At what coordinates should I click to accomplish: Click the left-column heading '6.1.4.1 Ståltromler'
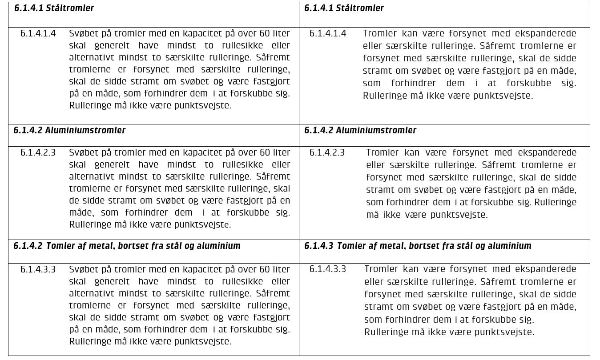(54, 8)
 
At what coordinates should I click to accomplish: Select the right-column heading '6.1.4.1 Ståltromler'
(344, 8)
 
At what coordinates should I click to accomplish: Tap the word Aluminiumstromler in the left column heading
(85, 130)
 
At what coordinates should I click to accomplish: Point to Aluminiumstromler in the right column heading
(376, 130)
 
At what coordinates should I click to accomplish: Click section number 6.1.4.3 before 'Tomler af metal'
(318, 246)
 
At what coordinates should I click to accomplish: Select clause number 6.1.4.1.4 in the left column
(38, 33)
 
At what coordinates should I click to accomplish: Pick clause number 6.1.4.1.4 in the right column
(328, 33)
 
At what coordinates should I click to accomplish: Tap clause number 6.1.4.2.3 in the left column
(38, 152)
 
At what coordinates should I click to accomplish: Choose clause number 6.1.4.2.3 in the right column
(327, 152)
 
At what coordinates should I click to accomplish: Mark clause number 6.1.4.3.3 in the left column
(38, 269)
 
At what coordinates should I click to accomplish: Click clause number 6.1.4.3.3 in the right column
(328, 269)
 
